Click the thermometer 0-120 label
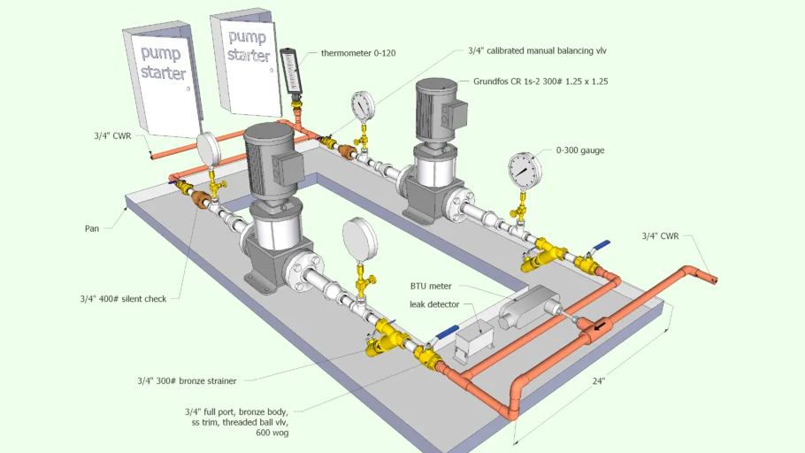click(x=358, y=53)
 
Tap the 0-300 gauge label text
click(x=580, y=150)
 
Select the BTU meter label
click(x=431, y=286)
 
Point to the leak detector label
click(x=434, y=304)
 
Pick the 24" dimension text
click(x=599, y=381)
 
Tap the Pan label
click(x=92, y=228)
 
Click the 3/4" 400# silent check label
click(x=123, y=299)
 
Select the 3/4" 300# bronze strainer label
click(x=187, y=381)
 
